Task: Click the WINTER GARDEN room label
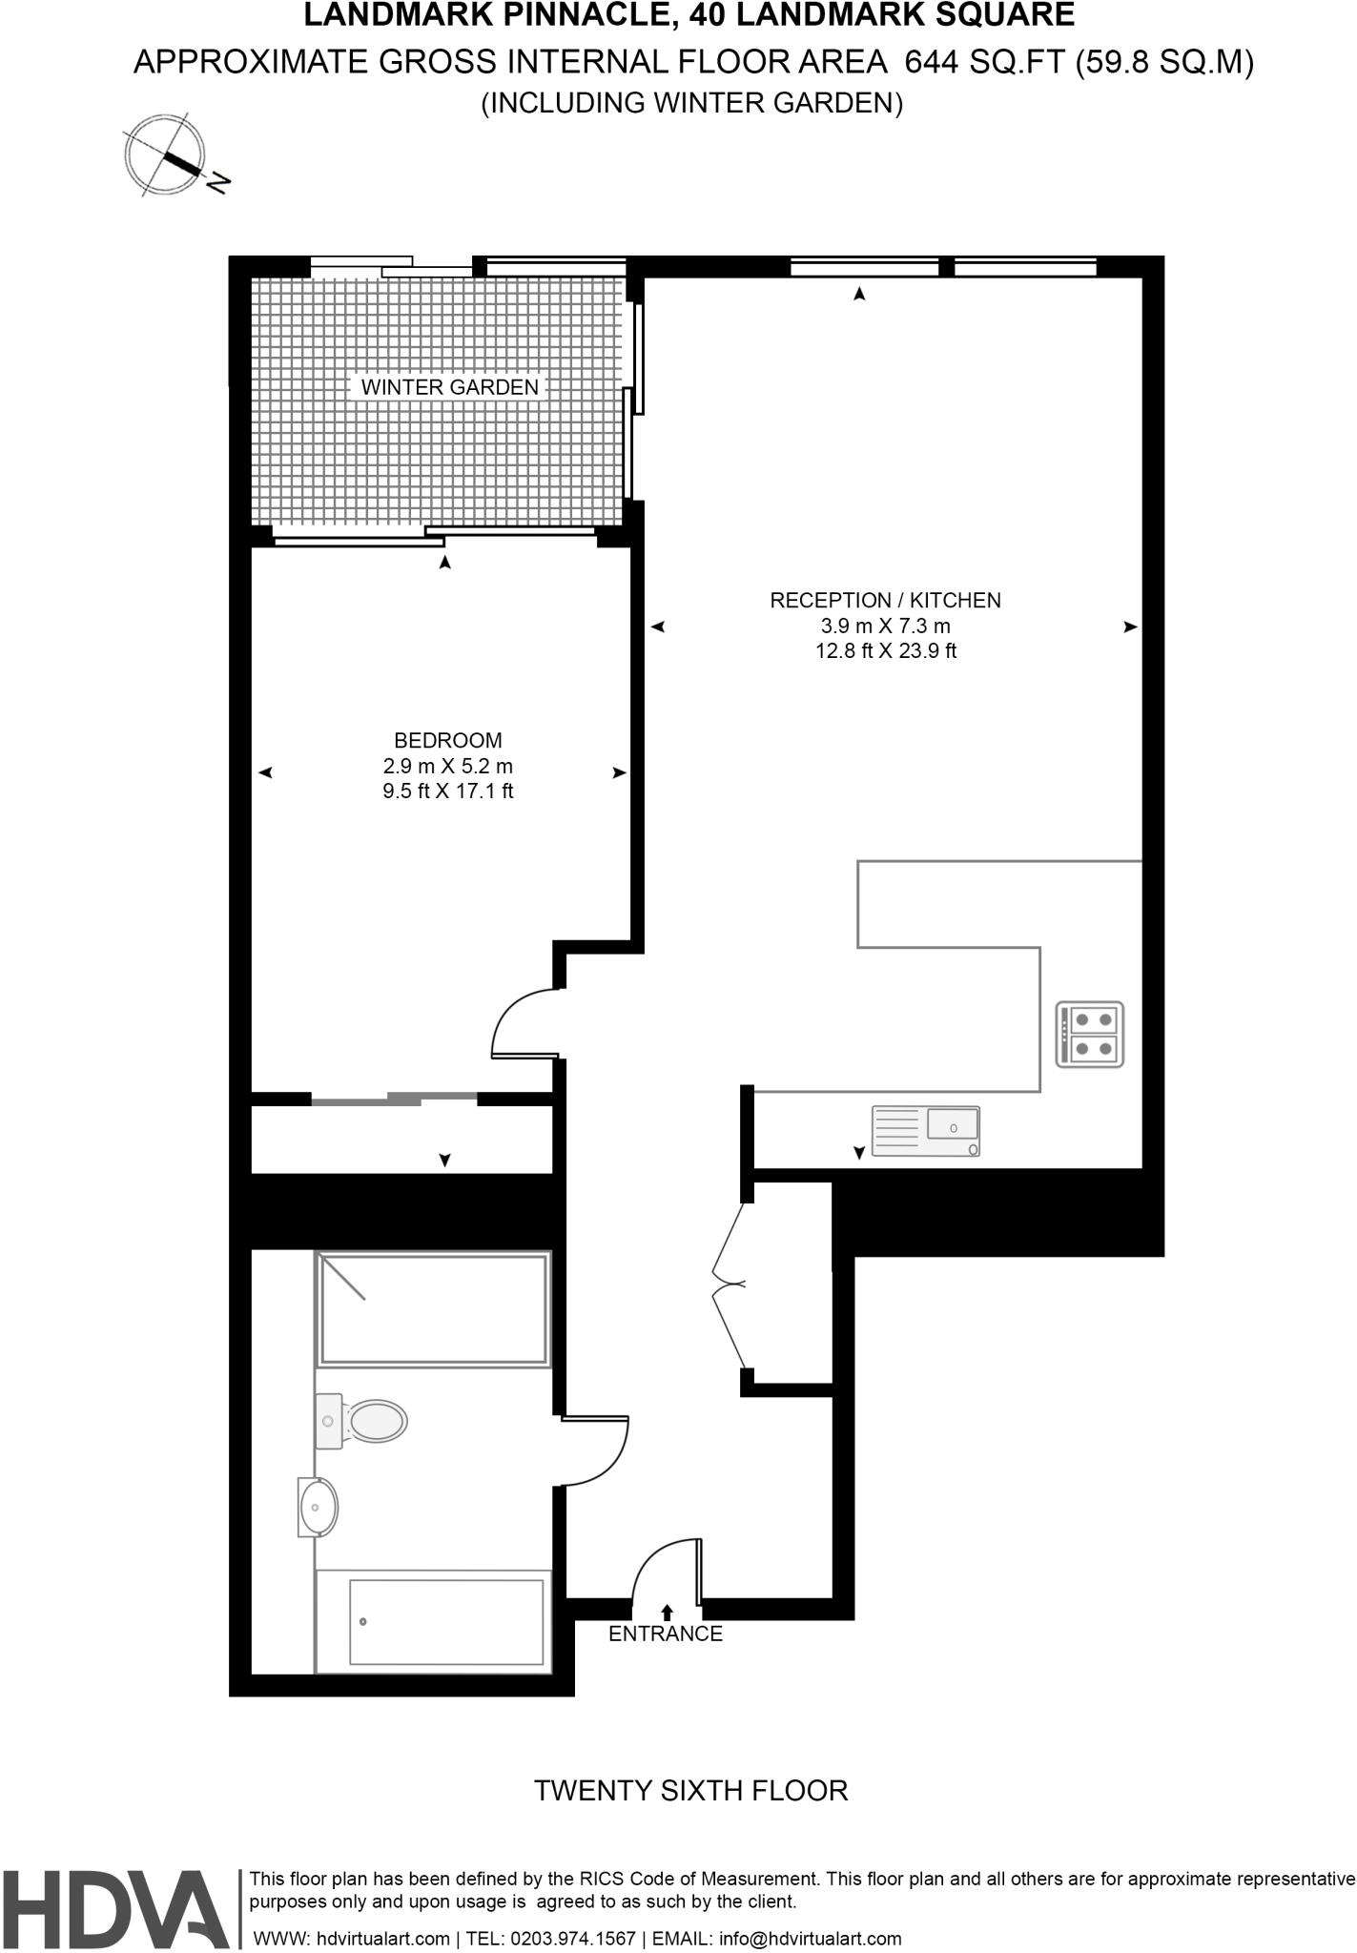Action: (x=449, y=387)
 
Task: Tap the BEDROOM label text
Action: (x=447, y=740)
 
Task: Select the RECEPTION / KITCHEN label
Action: (x=885, y=600)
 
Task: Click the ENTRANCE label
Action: (x=666, y=1634)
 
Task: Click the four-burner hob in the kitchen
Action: (x=1090, y=1034)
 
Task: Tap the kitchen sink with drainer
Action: (x=926, y=1132)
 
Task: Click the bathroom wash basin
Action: (x=317, y=1508)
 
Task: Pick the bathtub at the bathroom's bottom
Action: (x=434, y=1621)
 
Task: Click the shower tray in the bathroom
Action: (x=434, y=1308)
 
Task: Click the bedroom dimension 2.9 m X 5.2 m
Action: (x=447, y=766)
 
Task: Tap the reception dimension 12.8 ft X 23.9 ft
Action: (x=885, y=651)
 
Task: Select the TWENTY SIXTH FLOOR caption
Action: (x=690, y=1790)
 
